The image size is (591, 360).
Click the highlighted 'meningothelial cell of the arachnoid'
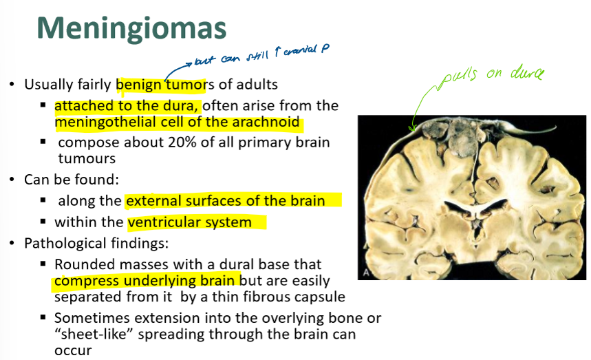click(178, 123)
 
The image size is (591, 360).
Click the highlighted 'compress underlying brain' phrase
click(147, 281)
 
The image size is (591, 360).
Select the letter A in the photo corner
click(365, 273)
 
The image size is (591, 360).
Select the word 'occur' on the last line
click(73, 350)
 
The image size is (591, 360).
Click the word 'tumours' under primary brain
click(87, 158)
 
